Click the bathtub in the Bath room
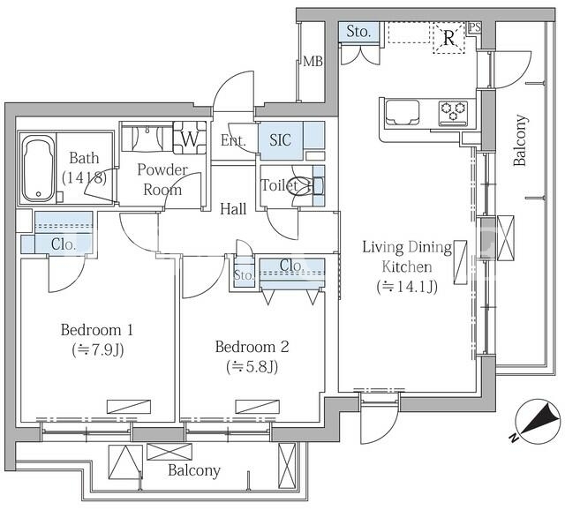(38, 169)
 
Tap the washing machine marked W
(190, 138)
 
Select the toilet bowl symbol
(304, 186)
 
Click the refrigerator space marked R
(448, 38)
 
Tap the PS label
(475, 27)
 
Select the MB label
(313, 62)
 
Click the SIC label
(280, 140)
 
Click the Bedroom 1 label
(97, 329)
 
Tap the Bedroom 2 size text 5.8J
(252, 367)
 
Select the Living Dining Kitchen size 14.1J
(407, 287)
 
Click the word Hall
(233, 209)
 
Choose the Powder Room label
(162, 179)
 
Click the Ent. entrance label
(233, 140)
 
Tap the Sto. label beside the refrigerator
(358, 32)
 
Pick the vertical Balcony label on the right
(520, 140)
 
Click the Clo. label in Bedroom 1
(64, 244)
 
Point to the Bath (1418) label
(85, 168)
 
